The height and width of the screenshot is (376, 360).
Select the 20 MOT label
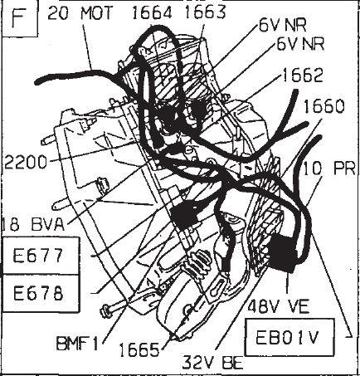[80, 13]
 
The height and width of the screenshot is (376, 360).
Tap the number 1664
[152, 13]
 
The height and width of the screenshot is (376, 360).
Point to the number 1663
[205, 12]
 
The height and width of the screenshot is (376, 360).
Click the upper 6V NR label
[283, 26]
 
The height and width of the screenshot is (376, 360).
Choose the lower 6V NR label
[300, 43]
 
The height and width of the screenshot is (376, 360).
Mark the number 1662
[302, 75]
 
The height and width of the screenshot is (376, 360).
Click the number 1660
[324, 106]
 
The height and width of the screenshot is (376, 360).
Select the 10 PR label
[329, 168]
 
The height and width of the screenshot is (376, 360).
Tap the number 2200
[26, 162]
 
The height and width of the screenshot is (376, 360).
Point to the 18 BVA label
[33, 224]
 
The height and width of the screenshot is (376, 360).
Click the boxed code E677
[38, 255]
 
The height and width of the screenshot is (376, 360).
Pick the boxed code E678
[38, 293]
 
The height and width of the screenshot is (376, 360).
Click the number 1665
[139, 350]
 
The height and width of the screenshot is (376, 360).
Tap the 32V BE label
[213, 362]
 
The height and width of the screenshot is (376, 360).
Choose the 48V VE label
[279, 306]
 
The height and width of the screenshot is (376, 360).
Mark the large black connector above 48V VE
[282, 253]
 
